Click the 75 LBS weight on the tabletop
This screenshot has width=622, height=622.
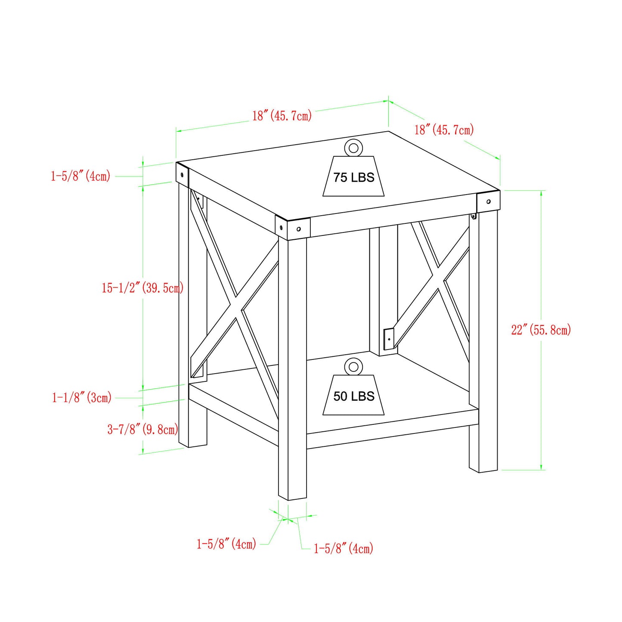click(353, 176)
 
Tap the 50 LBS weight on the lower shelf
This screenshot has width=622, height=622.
click(353, 395)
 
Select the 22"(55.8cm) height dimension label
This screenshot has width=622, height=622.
click(541, 330)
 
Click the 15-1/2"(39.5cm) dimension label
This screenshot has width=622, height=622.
click(142, 288)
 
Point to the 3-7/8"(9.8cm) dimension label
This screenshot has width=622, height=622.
click(142, 429)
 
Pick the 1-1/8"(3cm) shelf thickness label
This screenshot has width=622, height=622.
click(82, 397)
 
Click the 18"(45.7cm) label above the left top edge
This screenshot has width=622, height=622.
click(282, 115)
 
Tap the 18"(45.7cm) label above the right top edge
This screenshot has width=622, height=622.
click(444, 130)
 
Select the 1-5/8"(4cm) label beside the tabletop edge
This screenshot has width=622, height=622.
click(80, 176)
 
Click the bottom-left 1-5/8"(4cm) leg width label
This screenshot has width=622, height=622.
click(226, 544)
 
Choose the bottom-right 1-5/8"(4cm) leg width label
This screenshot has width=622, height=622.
click(343, 548)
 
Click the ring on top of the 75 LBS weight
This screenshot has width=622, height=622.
click(353, 148)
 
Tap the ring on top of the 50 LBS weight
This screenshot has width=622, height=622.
click(353, 367)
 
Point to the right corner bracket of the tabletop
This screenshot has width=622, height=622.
click(488, 201)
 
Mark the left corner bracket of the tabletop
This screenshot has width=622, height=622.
click(183, 175)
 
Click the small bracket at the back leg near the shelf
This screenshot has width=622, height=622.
click(389, 339)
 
